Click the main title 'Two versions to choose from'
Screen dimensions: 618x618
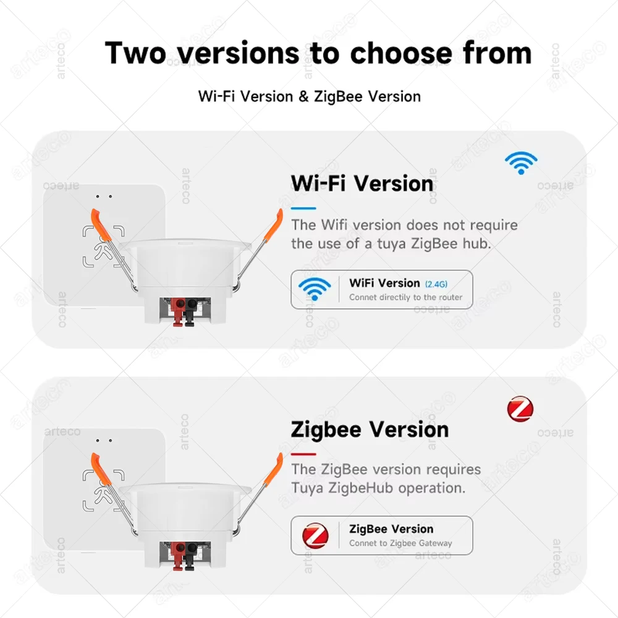coord(318,53)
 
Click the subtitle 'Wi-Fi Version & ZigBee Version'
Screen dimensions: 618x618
coord(309,96)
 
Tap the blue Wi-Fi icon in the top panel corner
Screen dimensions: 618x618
coord(520,163)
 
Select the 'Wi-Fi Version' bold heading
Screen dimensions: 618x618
coord(362,184)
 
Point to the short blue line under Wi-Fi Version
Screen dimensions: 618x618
coord(303,208)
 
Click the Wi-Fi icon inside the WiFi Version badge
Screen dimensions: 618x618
coord(315,289)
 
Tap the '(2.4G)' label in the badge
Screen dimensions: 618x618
coord(436,284)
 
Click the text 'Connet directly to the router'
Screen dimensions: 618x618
coord(405,297)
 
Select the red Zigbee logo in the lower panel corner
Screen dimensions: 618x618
coord(520,409)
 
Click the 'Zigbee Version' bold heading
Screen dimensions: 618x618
coord(370,430)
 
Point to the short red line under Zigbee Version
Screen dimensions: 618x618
coord(303,454)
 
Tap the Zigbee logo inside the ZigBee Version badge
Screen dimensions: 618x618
coord(315,535)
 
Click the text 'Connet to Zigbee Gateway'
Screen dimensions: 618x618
coord(400,543)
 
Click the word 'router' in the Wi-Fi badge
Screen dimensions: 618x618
coord(449,297)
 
